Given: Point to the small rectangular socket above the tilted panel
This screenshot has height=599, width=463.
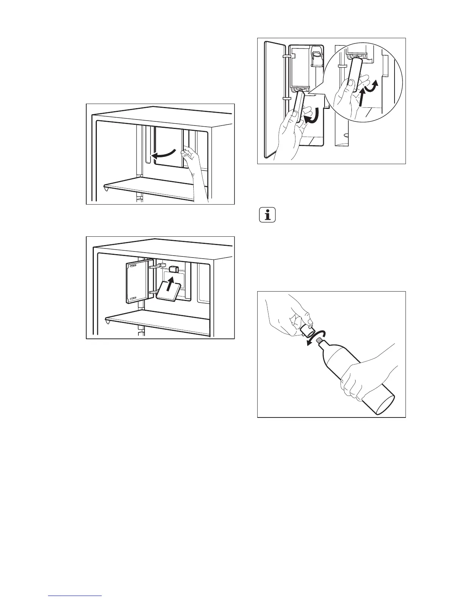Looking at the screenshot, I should click(x=174, y=269).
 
